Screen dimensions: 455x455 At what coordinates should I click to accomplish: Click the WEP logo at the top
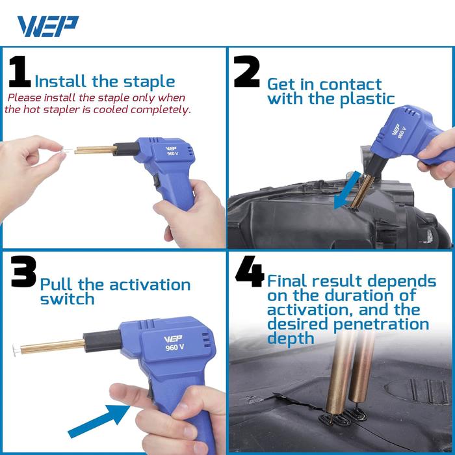tap(47, 26)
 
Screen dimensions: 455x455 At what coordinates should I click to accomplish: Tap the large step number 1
tap(19, 73)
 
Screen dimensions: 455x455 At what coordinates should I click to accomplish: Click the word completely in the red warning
tap(161, 109)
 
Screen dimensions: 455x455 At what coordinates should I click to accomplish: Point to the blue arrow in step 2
tap(345, 188)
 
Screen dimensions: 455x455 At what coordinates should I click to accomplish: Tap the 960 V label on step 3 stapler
tap(170, 346)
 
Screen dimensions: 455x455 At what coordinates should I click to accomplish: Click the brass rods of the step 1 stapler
tap(94, 150)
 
